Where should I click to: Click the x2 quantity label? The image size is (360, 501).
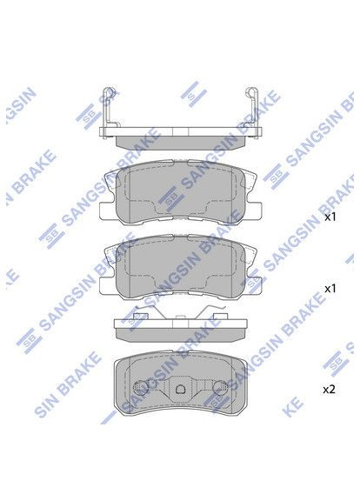coord(329,390)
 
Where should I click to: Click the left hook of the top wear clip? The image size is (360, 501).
coord(105,98)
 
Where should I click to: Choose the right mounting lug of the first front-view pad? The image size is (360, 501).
coord(254,209)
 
